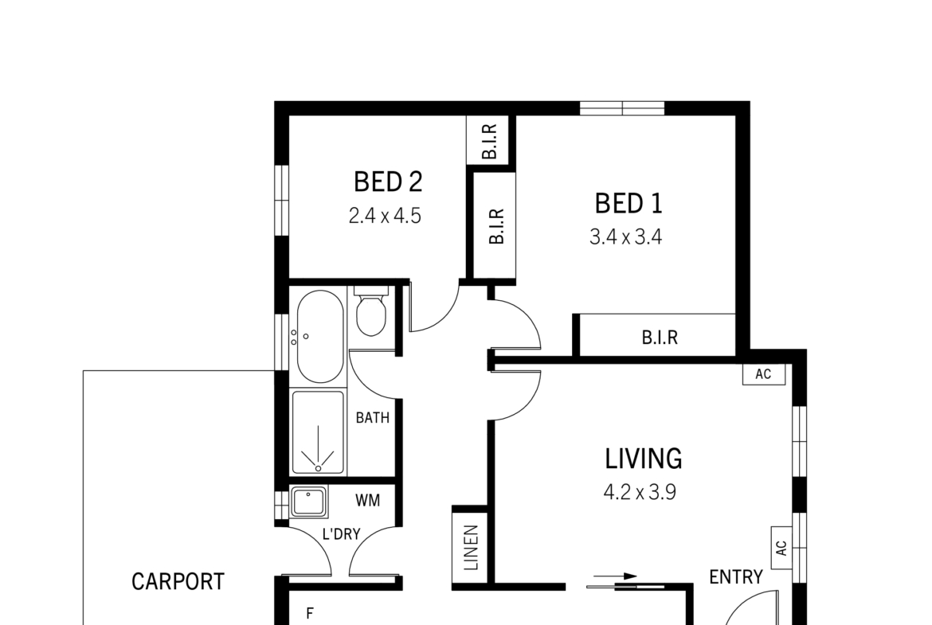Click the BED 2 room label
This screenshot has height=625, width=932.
tap(388, 182)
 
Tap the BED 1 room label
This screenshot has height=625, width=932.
tap(629, 203)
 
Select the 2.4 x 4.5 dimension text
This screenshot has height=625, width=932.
tap(385, 216)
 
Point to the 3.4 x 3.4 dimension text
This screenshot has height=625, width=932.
tap(625, 237)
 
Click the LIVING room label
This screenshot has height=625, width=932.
tap(643, 459)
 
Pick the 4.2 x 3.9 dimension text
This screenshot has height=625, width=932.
tap(640, 493)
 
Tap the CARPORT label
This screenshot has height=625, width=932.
tap(178, 582)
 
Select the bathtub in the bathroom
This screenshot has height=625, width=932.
tap(319, 336)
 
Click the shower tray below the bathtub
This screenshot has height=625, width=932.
tap(318, 432)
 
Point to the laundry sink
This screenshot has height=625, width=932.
tap(308, 502)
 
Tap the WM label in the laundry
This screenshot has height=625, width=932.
tap(367, 501)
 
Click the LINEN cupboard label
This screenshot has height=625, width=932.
tap(471, 548)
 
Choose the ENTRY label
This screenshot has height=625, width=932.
tap(736, 577)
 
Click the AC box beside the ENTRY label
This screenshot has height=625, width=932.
tap(781, 548)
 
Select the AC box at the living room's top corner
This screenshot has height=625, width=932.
tap(764, 374)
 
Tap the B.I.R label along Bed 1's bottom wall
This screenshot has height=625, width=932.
tap(660, 338)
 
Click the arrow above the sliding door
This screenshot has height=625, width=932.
tap(615, 576)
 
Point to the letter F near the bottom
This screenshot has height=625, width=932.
tap(309, 614)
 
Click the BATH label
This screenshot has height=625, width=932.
tap(373, 418)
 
